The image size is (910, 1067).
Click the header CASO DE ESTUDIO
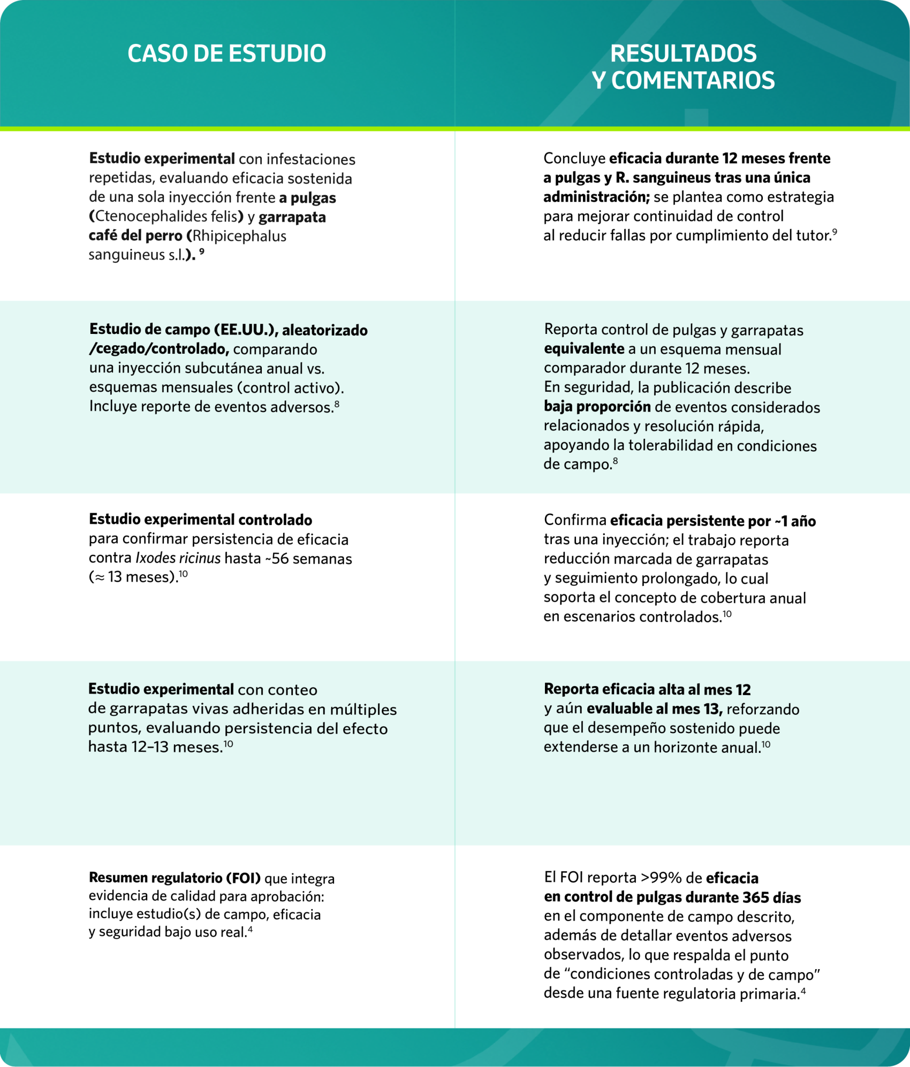tap(226, 54)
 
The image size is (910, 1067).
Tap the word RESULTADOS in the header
tap(683, 54)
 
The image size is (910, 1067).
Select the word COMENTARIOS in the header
tap(693, 81)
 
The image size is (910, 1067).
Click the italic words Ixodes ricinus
tap(178, 558)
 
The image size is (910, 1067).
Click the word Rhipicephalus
tap(239, 236)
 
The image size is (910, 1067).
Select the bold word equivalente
tap(583, 349)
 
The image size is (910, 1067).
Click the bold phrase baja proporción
tap(597, 407)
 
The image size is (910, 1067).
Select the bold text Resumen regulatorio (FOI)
tap(175, 878)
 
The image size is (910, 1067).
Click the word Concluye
tap(574, 158)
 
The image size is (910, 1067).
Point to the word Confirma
tap(574, 520)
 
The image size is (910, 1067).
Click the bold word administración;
tap(596, 197)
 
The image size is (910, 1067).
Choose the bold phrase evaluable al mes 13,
tap(654, 708)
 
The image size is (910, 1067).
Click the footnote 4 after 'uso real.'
tap(250, 929)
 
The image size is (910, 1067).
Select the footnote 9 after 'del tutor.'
tap(835, 232)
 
